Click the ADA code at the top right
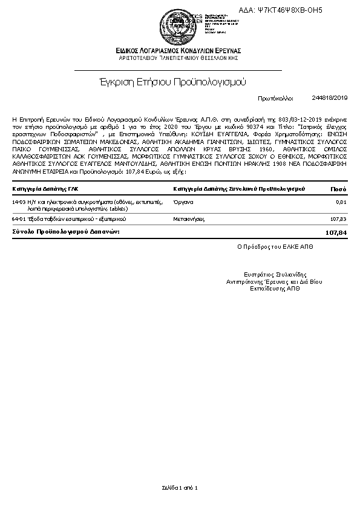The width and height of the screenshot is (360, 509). (x=289, y=10)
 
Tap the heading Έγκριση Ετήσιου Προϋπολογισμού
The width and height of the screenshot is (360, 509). (x=172, y=81)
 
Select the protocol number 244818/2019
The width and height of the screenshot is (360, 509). (x=330, y=97)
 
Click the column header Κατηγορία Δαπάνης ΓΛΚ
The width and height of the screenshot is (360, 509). (x=45, y=189)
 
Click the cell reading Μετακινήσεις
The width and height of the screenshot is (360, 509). (x=188, y=218)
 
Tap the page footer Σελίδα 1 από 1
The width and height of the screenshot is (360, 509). (x=180, y=488)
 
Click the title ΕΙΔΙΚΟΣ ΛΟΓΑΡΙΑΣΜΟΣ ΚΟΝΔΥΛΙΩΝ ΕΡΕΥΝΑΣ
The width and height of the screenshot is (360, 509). (x=180, y=51)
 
